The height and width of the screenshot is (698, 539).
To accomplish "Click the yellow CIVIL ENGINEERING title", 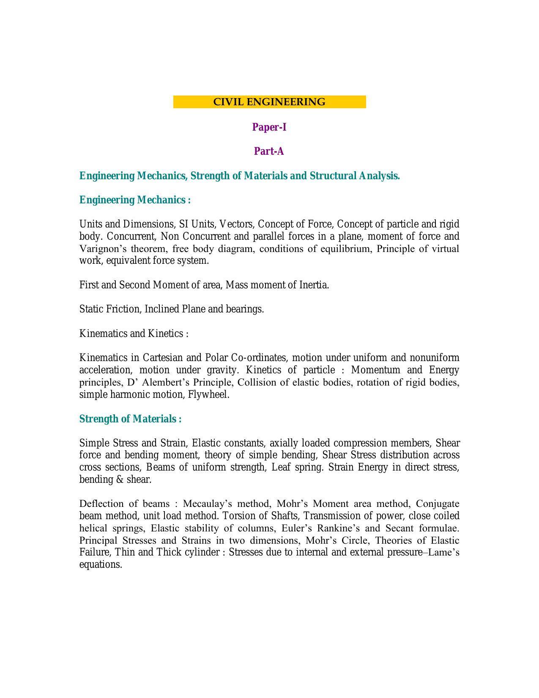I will pos(269,102).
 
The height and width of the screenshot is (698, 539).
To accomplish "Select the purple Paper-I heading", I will pos(269,127).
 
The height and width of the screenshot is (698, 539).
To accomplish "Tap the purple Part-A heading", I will pos(269,151).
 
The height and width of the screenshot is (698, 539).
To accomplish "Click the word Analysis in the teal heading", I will pos(379,175).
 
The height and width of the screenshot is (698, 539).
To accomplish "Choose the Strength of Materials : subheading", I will pos(130,419).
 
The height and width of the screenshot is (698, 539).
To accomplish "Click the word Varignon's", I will pos(100,249).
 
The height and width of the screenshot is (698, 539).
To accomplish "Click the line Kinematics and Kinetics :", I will pos(134,334).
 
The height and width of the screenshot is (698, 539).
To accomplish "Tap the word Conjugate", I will pos(438,504).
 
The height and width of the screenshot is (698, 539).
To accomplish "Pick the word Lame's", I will pos(443,552).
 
